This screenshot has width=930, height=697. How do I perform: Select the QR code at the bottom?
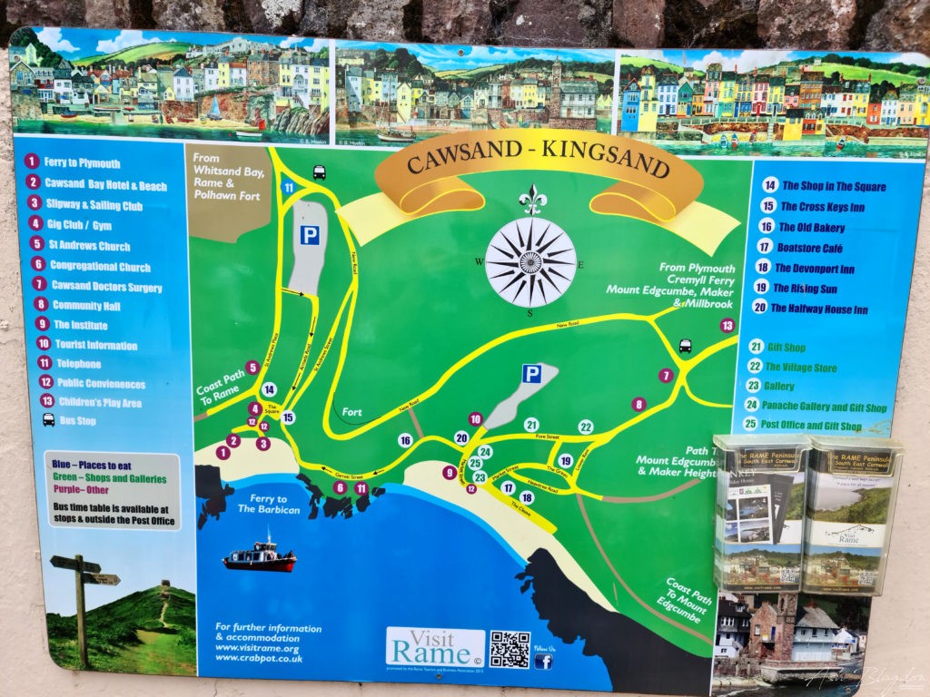pyautogui.click(x=510, y=650)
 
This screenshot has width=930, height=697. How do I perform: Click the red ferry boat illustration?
pyautogui.click(x=260, y=555)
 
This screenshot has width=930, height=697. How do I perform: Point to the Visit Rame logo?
pyautogui.click(x=435, y=646)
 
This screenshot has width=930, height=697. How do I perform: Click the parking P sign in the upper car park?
pyautogui.click(x=310, y=235)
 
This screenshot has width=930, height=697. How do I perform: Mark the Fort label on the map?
pyautogui.click(x=352, y=412)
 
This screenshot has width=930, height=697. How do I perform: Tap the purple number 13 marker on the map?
pyautogui.click(x=727, y=325)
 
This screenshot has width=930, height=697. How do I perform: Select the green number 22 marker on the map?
pyautogui.click(x=586, y=427)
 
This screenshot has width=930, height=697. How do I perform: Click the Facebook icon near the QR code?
pyautogui.click(x=543, y=661)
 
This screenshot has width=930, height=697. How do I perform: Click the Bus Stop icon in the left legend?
pyautogui.click(x=48, y=421)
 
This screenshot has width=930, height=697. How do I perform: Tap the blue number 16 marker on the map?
pyautogui.click(x=405, y=440)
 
